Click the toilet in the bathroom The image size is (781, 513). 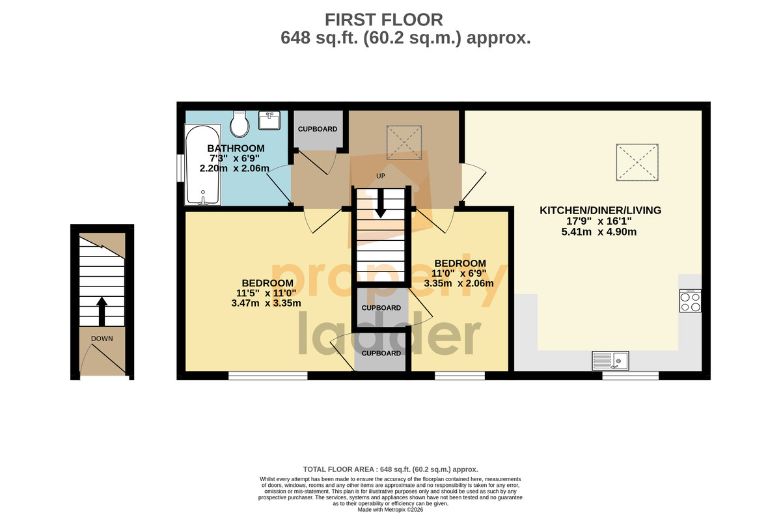click(240, 124)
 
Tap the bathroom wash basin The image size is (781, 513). click(269, 120)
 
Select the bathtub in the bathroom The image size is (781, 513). click(202, 164)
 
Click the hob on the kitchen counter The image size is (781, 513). click(690, 301)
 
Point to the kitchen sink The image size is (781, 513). click(610, 361)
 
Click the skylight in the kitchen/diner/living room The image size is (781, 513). click(637, 162)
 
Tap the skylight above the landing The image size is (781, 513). click(404, 143)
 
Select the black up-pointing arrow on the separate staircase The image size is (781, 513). click(102, 311)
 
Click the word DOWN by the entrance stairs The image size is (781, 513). click(102, 339)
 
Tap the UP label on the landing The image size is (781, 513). click(380, 176)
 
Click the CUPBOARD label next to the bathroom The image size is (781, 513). click(318, 129)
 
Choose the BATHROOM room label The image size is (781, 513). click(236, 148)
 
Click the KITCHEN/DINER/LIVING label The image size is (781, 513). click(600, 210)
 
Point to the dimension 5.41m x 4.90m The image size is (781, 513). click(599, 232)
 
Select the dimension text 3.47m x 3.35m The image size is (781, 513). click(266, 303)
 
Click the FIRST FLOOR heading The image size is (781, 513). click(384, 20)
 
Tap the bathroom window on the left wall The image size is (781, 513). click(181, 168)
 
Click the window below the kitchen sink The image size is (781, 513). click(631, 376)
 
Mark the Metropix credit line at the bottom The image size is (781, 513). click(390, 510)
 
